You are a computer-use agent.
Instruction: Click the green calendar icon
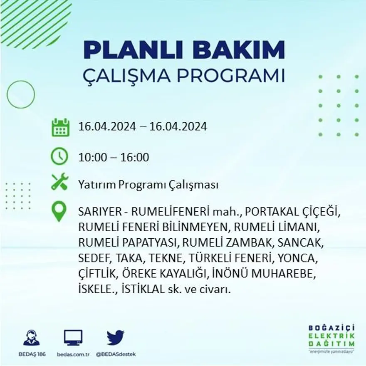[x=60, y=127]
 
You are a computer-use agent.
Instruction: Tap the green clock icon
[x=59, y=157]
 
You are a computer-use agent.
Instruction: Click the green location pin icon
[x=59, y=211]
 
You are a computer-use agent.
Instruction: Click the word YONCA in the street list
[x=298, y=258]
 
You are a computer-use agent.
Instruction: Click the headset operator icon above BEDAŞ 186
[x=32, y=338]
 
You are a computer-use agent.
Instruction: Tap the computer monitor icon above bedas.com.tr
[x=73, y=338]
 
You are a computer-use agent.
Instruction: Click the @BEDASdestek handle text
[x=116, y=354]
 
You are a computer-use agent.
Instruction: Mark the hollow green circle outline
[x=21, y=94]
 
